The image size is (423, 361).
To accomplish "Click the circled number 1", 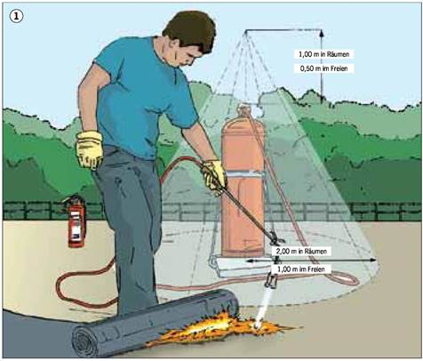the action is click(x=16, y=17).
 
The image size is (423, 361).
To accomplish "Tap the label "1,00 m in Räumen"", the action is click(x=323, y=54).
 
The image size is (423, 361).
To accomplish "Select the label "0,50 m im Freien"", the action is click(x=323, y=68).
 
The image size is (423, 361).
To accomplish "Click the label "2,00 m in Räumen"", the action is click(x=301, y=252).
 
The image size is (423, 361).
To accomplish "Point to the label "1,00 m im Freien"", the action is click(x=301, y=269).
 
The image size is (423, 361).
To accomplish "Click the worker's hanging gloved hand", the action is click(x=90, y=149).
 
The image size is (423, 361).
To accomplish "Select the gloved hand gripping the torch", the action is click(x=214, y=177).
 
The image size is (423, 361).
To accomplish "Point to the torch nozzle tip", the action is click(x=270, y=285).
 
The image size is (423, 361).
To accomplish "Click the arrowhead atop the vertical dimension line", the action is click(x=322, y=33).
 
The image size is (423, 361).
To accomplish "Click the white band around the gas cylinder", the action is click(x=243, y=174).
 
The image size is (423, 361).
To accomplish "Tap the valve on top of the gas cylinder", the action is click(x=244, y=109).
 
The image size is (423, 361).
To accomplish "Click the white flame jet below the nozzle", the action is click(x=263, y=309).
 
